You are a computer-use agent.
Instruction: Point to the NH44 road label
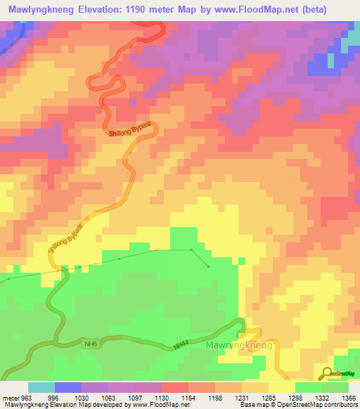pos(183,346)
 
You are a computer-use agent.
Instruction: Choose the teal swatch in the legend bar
pos(41,387)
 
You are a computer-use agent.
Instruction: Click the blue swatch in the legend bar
pos(68,387)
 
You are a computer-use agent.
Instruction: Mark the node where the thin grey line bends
pos(191,249)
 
